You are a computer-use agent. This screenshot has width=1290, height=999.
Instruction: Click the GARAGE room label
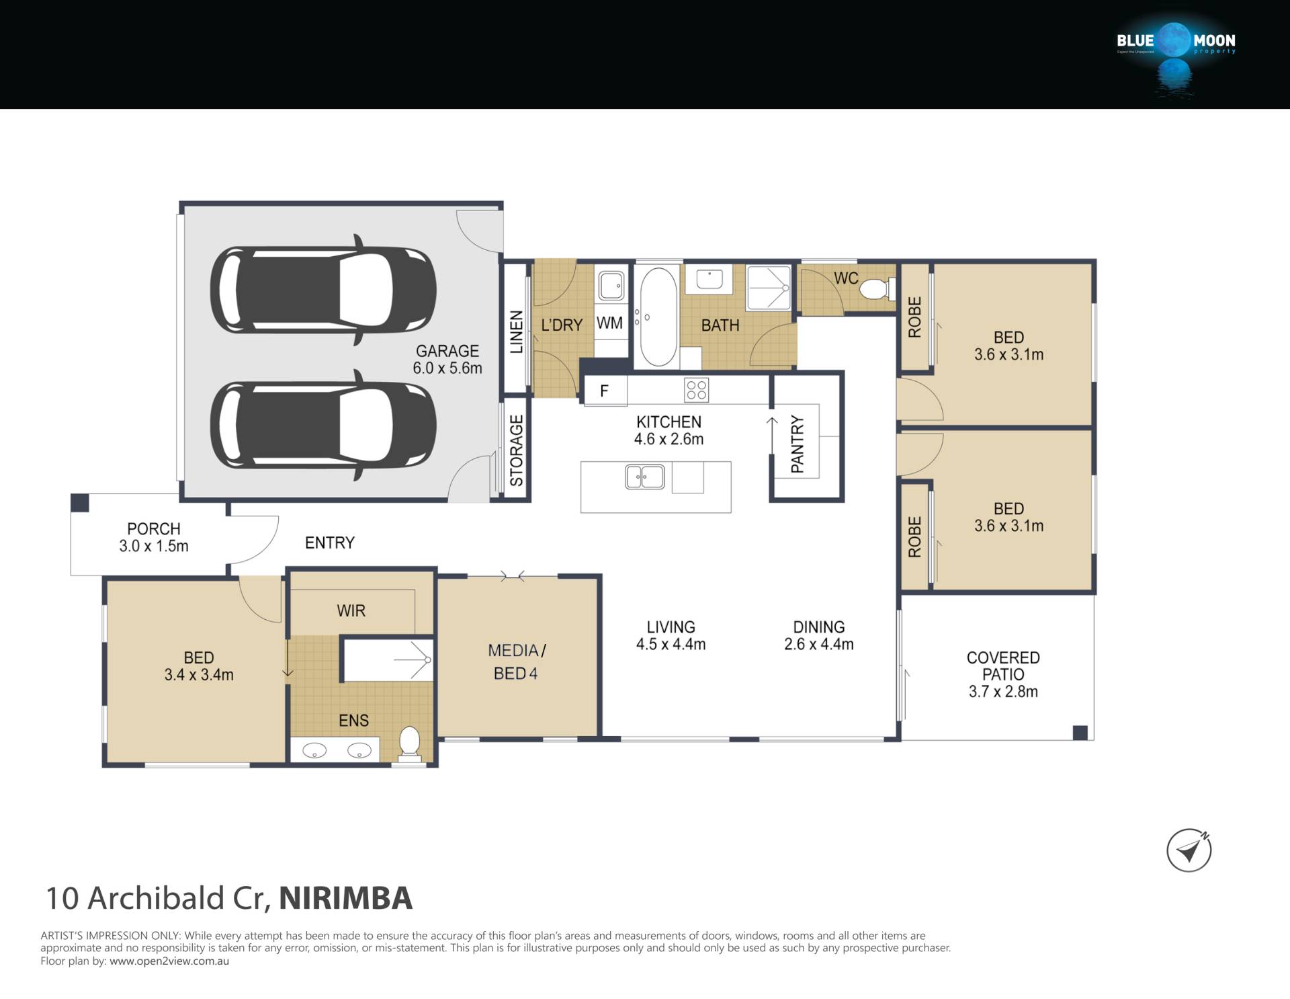click(x=447, y=351)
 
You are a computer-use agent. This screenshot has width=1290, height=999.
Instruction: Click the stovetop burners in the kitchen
click(x=696, y=390)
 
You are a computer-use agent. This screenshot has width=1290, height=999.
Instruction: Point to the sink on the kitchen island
click(x=645, y=477)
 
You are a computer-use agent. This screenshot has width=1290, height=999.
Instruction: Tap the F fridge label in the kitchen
click(x=604, y=391)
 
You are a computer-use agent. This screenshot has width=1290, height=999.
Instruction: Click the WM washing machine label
click(x=609, y=323)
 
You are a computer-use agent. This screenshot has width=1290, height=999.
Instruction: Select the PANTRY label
click(x=798, y=444)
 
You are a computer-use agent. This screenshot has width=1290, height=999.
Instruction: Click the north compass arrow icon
click(x=1189, y=851)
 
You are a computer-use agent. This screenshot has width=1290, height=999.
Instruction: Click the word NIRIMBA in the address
click(x=345, y=899)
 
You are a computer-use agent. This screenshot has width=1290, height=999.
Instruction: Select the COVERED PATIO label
click(x=1003, y=666)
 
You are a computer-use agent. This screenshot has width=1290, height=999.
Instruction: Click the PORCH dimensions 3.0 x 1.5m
click(x=154, y=547)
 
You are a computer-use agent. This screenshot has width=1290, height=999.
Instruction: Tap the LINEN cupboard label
click(x=516, y=332)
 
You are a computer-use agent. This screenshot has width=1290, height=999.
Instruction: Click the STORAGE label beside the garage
click(x=516, y=450)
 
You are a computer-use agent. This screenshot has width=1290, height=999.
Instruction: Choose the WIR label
click(x=351, y=611)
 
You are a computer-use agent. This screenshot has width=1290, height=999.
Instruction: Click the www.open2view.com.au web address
click(x=169, y=961)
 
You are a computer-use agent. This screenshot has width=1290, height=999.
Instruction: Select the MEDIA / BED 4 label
click(x=516, y=662)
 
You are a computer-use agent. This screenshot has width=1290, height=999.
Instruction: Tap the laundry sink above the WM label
click(x=611, y=286)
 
